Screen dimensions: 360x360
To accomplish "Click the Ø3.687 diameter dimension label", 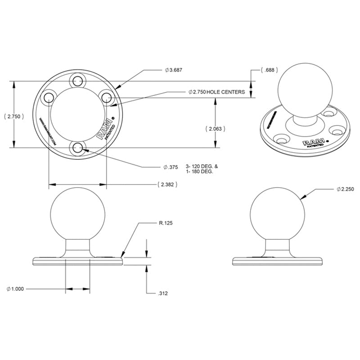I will point(173,70).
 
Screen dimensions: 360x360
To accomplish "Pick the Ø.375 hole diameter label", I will point(171,167).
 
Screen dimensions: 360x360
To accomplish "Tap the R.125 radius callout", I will point(166,223).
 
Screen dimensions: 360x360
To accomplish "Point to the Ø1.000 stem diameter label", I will point(17,289).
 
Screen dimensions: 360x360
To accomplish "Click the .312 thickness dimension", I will point(163,293).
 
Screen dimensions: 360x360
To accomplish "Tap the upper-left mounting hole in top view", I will point(49,97).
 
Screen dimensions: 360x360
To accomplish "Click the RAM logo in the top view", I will point(101,131).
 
